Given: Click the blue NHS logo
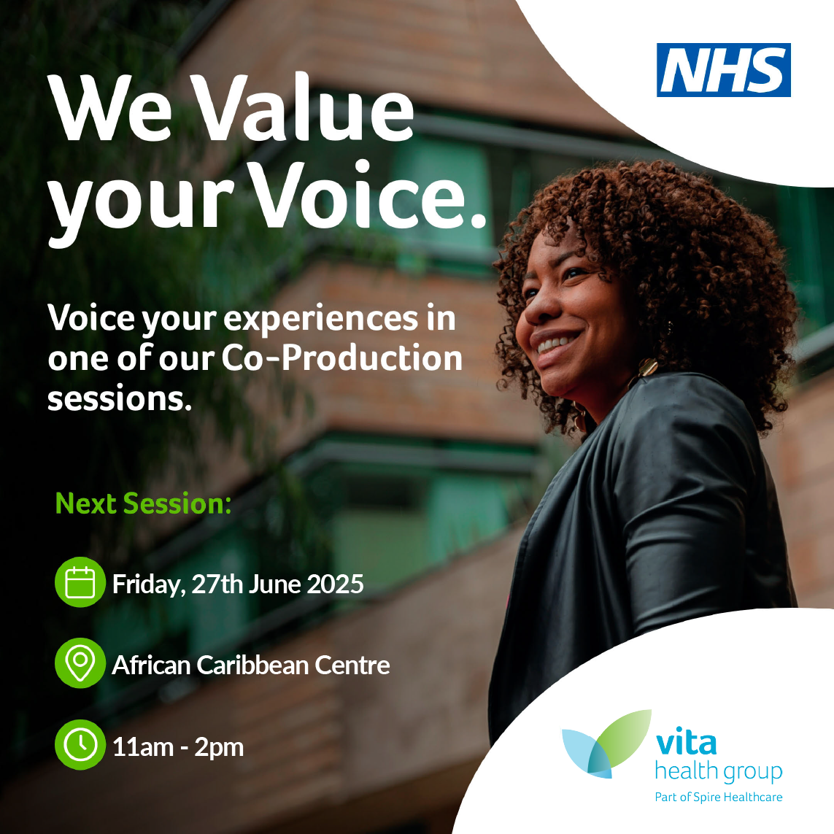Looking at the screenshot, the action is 723,69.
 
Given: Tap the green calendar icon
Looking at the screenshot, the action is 80,582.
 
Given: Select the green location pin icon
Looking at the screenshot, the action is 80,663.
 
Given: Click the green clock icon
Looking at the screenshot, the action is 80,745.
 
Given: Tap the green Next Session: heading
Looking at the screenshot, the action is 144,503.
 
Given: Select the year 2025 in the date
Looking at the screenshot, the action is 335,584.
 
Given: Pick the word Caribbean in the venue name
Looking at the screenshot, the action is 252,665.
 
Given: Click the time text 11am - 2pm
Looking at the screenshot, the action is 177,747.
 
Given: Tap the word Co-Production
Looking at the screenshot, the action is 341,358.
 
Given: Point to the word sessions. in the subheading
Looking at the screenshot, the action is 120,399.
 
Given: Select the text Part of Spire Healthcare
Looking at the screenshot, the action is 719,797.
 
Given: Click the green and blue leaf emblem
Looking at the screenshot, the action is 606,744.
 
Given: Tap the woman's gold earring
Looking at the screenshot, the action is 646,368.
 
